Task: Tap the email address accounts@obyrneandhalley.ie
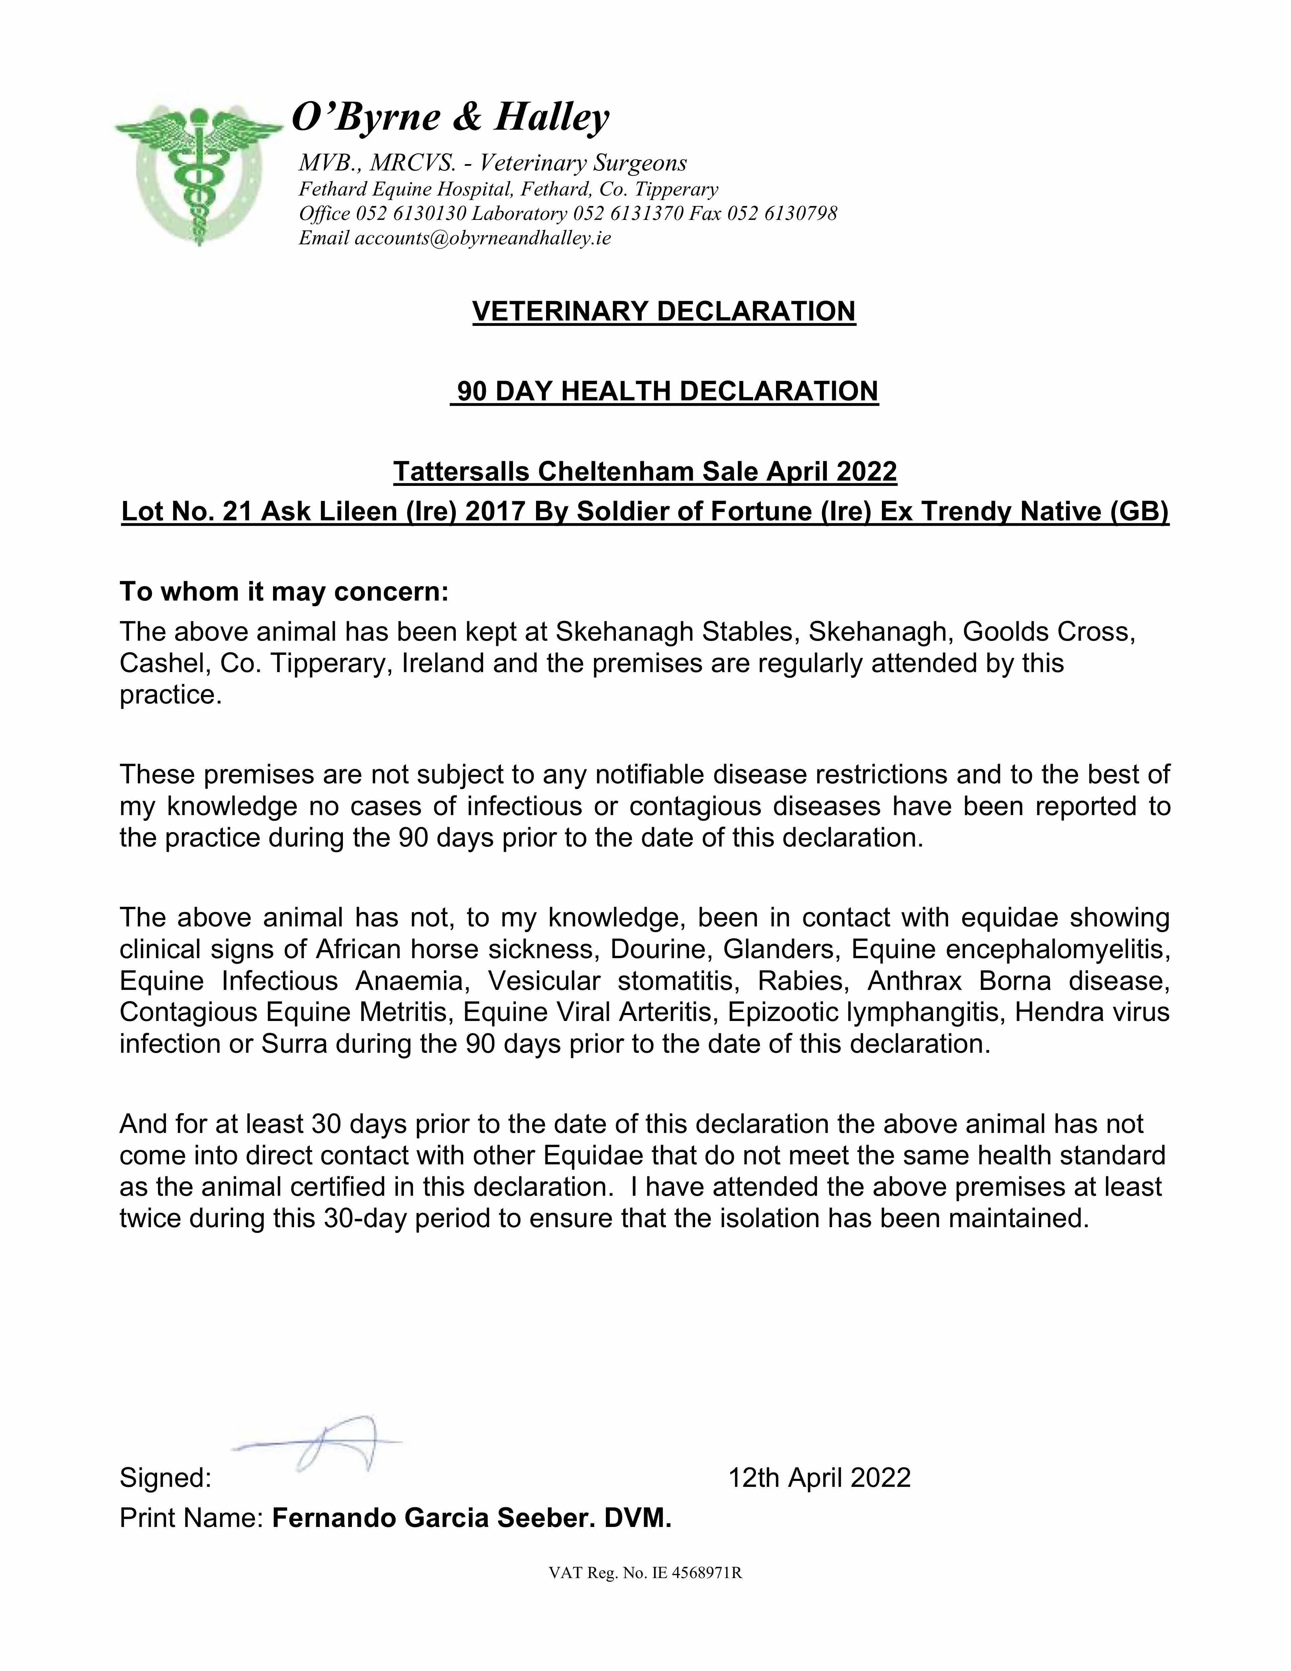pos(482,238)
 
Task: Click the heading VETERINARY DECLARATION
pos(663,311)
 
